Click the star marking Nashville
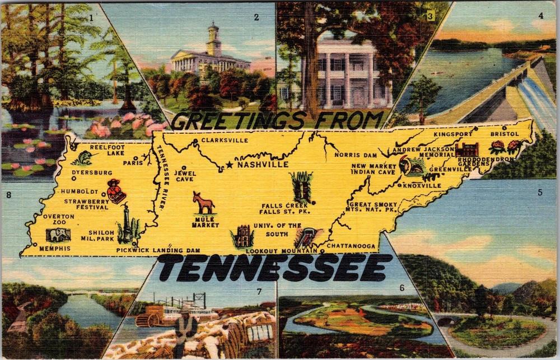pos(229,165)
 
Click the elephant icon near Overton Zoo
pos(58,235)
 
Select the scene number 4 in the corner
pos(540,16)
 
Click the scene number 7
pos(259,291)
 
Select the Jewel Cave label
pos(185,176)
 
